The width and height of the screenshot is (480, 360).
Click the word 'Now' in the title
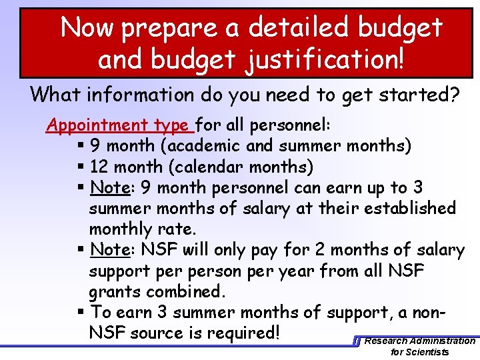point(87,27)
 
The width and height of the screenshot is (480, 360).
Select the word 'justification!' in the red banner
point(327,59)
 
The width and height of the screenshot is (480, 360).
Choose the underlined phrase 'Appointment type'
point(117,125)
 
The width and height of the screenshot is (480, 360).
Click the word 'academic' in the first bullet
point(208,145)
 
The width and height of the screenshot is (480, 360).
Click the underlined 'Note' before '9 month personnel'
point(109,187)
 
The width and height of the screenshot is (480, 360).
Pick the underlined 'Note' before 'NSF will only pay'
point(109,250)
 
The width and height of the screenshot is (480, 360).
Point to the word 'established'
point(406,208)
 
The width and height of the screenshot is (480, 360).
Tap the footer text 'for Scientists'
point(420,352)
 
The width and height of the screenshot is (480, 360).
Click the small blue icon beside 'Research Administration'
point(357,341)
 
